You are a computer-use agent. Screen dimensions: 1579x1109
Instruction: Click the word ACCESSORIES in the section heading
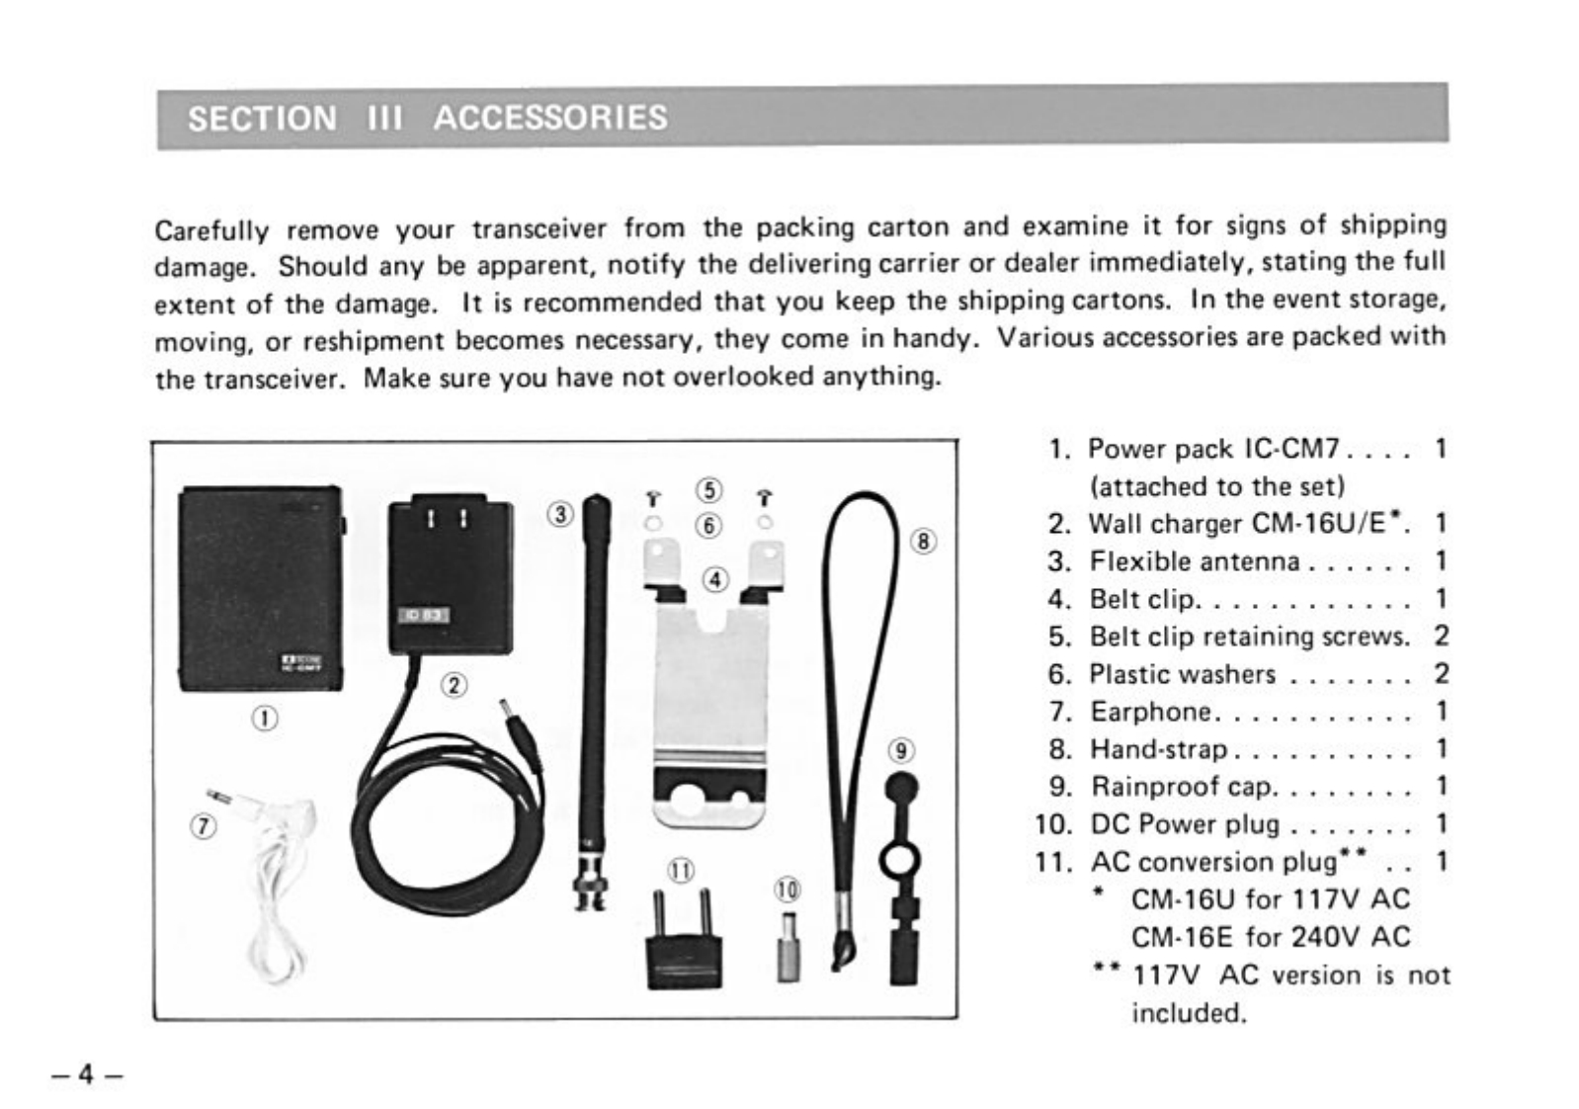[x=550, y=118]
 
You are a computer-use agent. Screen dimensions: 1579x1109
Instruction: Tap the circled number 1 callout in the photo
[x=265, y=718]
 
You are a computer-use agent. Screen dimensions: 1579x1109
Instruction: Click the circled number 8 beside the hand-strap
[x=924, y=541]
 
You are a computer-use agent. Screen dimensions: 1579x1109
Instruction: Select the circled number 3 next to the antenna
[x=561, y=514]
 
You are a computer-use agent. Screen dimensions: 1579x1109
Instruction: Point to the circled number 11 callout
[x=681, y=870]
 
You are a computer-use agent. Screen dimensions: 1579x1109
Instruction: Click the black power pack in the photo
[x=261, y=588]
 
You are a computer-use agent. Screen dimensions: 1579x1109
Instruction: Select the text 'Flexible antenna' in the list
[x=1194, y=561]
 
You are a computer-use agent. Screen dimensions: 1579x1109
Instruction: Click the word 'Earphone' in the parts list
[x=1150, y=712]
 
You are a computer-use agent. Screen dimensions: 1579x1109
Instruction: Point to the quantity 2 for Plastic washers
[x=1441, y=674]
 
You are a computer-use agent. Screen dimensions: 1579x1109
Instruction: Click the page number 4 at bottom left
[x=87, y=1073]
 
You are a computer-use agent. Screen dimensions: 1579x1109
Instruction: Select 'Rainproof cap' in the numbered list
[x=1182, y=787]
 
